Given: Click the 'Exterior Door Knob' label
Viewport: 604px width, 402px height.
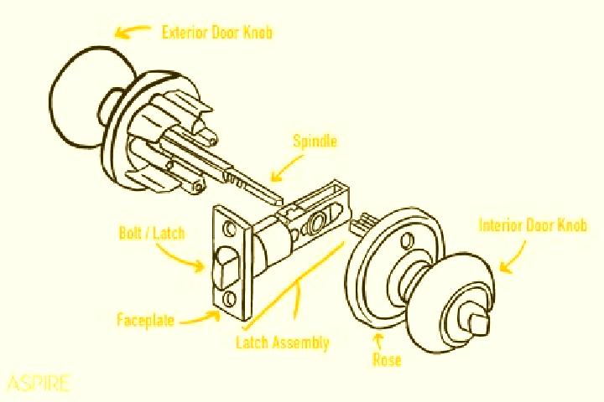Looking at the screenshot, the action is (x=217, y=33).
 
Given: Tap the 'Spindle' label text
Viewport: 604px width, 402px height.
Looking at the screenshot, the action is (x=315, y=142).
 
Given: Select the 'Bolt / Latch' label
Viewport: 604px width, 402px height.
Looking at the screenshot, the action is (x=152, y=233).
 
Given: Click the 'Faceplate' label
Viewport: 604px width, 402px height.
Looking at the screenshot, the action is (x=146, y=320).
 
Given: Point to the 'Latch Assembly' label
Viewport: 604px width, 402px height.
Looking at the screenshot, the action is (x=283, y=343).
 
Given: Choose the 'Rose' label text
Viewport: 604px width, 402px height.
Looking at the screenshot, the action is (x=387, y=359).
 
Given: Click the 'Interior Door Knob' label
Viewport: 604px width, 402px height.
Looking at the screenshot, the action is (x=533, y=225).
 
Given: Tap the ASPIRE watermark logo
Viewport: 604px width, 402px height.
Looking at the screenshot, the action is (x=39, y=383).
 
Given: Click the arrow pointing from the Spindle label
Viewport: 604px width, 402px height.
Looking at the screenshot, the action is (x=286, y=166).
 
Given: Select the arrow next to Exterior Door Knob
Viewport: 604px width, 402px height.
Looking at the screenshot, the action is (x=131, y=32).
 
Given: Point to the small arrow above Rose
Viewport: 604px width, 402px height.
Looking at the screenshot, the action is (x=379, y=342).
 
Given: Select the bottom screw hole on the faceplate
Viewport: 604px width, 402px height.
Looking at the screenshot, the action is (x=230, y=298).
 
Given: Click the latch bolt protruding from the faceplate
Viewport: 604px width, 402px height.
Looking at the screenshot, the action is (x=226, y=267).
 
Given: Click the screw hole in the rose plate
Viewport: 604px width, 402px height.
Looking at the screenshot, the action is (x=406, y=241).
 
